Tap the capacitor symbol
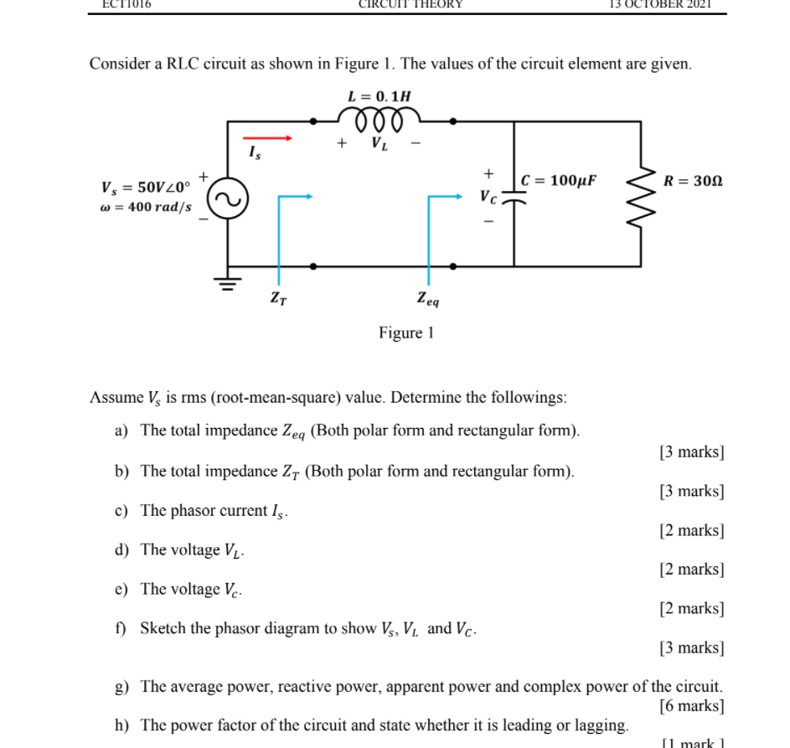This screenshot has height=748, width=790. pyautogui.click(x=513, y=199)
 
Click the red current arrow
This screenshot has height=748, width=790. pyautogui.click(x=267, y=137)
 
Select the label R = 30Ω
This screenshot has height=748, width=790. pyautogui.click(x=692, y=180)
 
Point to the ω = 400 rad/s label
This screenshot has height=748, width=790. pyautogui.click(x=146, y=207)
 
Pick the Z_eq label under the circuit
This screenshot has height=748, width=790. pyautogui.click(x=428, y=297)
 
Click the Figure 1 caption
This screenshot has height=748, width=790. pyautogui.click(x=405, y=333)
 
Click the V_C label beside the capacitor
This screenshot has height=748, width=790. pyautogui.click(x=488, y=199)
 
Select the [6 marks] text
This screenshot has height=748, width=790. pyautogui.click(x=691, y=706)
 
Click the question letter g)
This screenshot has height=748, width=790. pyautogui.click(x=122, y=687)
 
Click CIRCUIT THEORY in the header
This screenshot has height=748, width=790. pyautogui.click(x=410, y=4)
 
